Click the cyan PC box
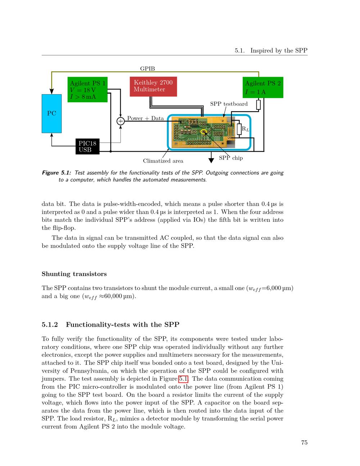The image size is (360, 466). [51, 113]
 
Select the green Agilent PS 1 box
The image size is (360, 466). [87, 90]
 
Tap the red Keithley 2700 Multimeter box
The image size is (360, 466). [153, 86]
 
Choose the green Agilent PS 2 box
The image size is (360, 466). [263, 88]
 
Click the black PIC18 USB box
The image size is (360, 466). [87, 147]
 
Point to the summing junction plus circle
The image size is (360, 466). [121, 121]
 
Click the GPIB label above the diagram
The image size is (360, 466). [147, 68]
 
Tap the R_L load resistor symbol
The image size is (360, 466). [239, 129]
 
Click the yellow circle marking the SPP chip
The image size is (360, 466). [204, 132]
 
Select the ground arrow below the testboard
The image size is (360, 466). [211, 160]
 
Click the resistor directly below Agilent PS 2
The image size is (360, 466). [258, 105]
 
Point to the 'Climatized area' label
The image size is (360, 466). [163, 161]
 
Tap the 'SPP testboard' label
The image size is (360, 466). [229, 104]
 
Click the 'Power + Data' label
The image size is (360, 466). [145, 118]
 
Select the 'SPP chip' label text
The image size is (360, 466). [231, 158]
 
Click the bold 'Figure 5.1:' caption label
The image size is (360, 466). [57, 173]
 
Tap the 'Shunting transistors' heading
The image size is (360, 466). [74, 274]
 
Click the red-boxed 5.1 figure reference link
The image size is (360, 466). [183, 379]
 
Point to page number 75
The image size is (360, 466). [304, 443]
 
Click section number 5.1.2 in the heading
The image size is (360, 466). [50, 325]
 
